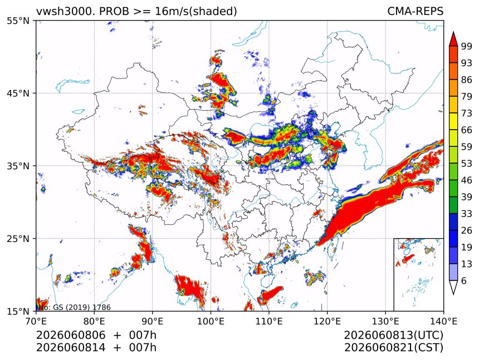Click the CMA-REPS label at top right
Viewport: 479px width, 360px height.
coord(415,11)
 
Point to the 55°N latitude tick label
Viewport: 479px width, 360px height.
coord(18,21)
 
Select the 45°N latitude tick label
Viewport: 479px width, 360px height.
coord(18,93)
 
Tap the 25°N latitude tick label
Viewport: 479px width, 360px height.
coord(18,238)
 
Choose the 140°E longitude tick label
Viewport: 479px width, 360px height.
coord(443,321)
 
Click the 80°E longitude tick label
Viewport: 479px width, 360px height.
coord(95,321)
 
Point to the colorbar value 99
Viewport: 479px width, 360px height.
coord(467,46)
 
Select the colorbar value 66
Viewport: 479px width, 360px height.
coord(467,130)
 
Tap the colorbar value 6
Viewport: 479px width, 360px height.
coord(464,280)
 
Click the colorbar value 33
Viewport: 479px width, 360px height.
coord(467,214)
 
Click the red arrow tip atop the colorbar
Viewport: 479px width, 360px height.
coord(453,32)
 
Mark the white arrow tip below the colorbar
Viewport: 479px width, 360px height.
coord(453,294)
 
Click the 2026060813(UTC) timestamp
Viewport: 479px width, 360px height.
coord(393,335)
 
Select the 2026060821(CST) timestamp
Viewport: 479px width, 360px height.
coord(393,348)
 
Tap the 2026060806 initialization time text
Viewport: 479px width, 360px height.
coord(71,335)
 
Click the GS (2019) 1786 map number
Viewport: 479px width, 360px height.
coord(82,307)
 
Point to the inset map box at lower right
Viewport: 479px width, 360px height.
coord(394,274)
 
